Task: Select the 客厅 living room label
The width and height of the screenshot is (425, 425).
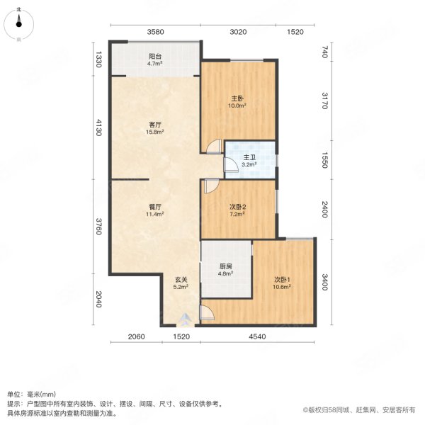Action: pos(155,125)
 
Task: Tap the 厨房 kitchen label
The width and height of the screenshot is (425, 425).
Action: pos(225,266)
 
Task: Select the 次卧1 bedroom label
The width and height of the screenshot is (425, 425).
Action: pos(283,279)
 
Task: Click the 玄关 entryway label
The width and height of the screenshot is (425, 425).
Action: pos(180,279)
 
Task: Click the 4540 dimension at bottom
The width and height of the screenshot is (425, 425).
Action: pos(256,336)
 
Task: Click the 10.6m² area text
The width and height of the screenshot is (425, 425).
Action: pos(283,288)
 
